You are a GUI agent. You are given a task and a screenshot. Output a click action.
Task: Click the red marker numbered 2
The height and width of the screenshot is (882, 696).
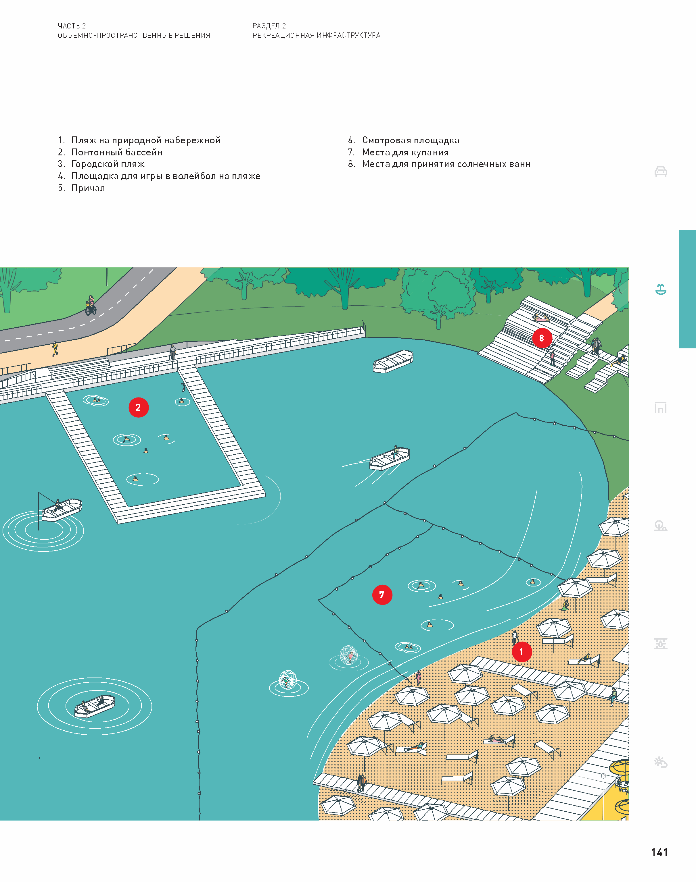139,408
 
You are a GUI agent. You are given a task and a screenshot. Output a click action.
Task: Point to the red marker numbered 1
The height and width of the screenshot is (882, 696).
521,652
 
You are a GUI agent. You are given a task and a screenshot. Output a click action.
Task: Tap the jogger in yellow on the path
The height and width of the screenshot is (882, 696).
55,349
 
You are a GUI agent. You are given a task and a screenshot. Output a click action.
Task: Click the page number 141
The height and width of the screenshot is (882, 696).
659,852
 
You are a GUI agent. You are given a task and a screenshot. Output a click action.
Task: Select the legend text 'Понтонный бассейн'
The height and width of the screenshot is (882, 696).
117,152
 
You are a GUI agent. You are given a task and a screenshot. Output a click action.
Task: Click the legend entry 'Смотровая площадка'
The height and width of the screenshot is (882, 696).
410,140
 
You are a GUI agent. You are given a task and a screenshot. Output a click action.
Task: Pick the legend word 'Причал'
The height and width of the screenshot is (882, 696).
88,188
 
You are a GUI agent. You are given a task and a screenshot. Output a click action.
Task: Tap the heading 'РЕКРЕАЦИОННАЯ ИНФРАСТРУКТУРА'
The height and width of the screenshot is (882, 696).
316,35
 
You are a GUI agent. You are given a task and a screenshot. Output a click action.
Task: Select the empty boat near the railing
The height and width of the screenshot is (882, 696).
393,361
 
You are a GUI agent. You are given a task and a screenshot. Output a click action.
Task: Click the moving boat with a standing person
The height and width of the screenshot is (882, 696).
390,459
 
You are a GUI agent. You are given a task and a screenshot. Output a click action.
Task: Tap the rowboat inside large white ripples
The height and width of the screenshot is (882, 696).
95,706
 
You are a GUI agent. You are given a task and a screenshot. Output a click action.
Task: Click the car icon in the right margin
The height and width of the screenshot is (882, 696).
661,171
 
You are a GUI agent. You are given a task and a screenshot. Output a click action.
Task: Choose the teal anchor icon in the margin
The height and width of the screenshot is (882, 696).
661,290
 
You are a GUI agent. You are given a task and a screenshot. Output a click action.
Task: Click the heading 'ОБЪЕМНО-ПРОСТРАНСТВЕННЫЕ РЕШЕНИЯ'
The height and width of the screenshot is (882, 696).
134,35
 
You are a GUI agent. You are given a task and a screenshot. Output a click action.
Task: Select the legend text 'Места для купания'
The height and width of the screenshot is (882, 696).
405,152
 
